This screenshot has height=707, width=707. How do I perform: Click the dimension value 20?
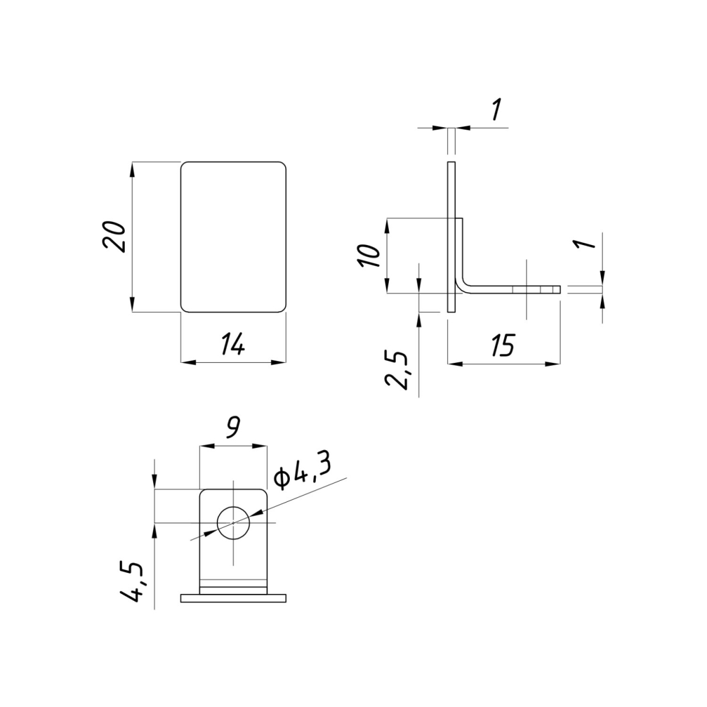tap(114, 237)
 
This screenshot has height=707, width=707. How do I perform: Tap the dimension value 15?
tap(504, 345)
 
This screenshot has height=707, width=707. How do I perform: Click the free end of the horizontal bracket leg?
tap(560, 290)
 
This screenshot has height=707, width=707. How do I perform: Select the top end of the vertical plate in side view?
tap(451, 162)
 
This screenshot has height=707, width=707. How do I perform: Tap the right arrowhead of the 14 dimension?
tap(279, 362)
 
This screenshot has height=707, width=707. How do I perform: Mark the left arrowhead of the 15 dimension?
tap(455, 364)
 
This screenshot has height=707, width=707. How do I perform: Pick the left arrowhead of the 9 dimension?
tap(206, 446)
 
